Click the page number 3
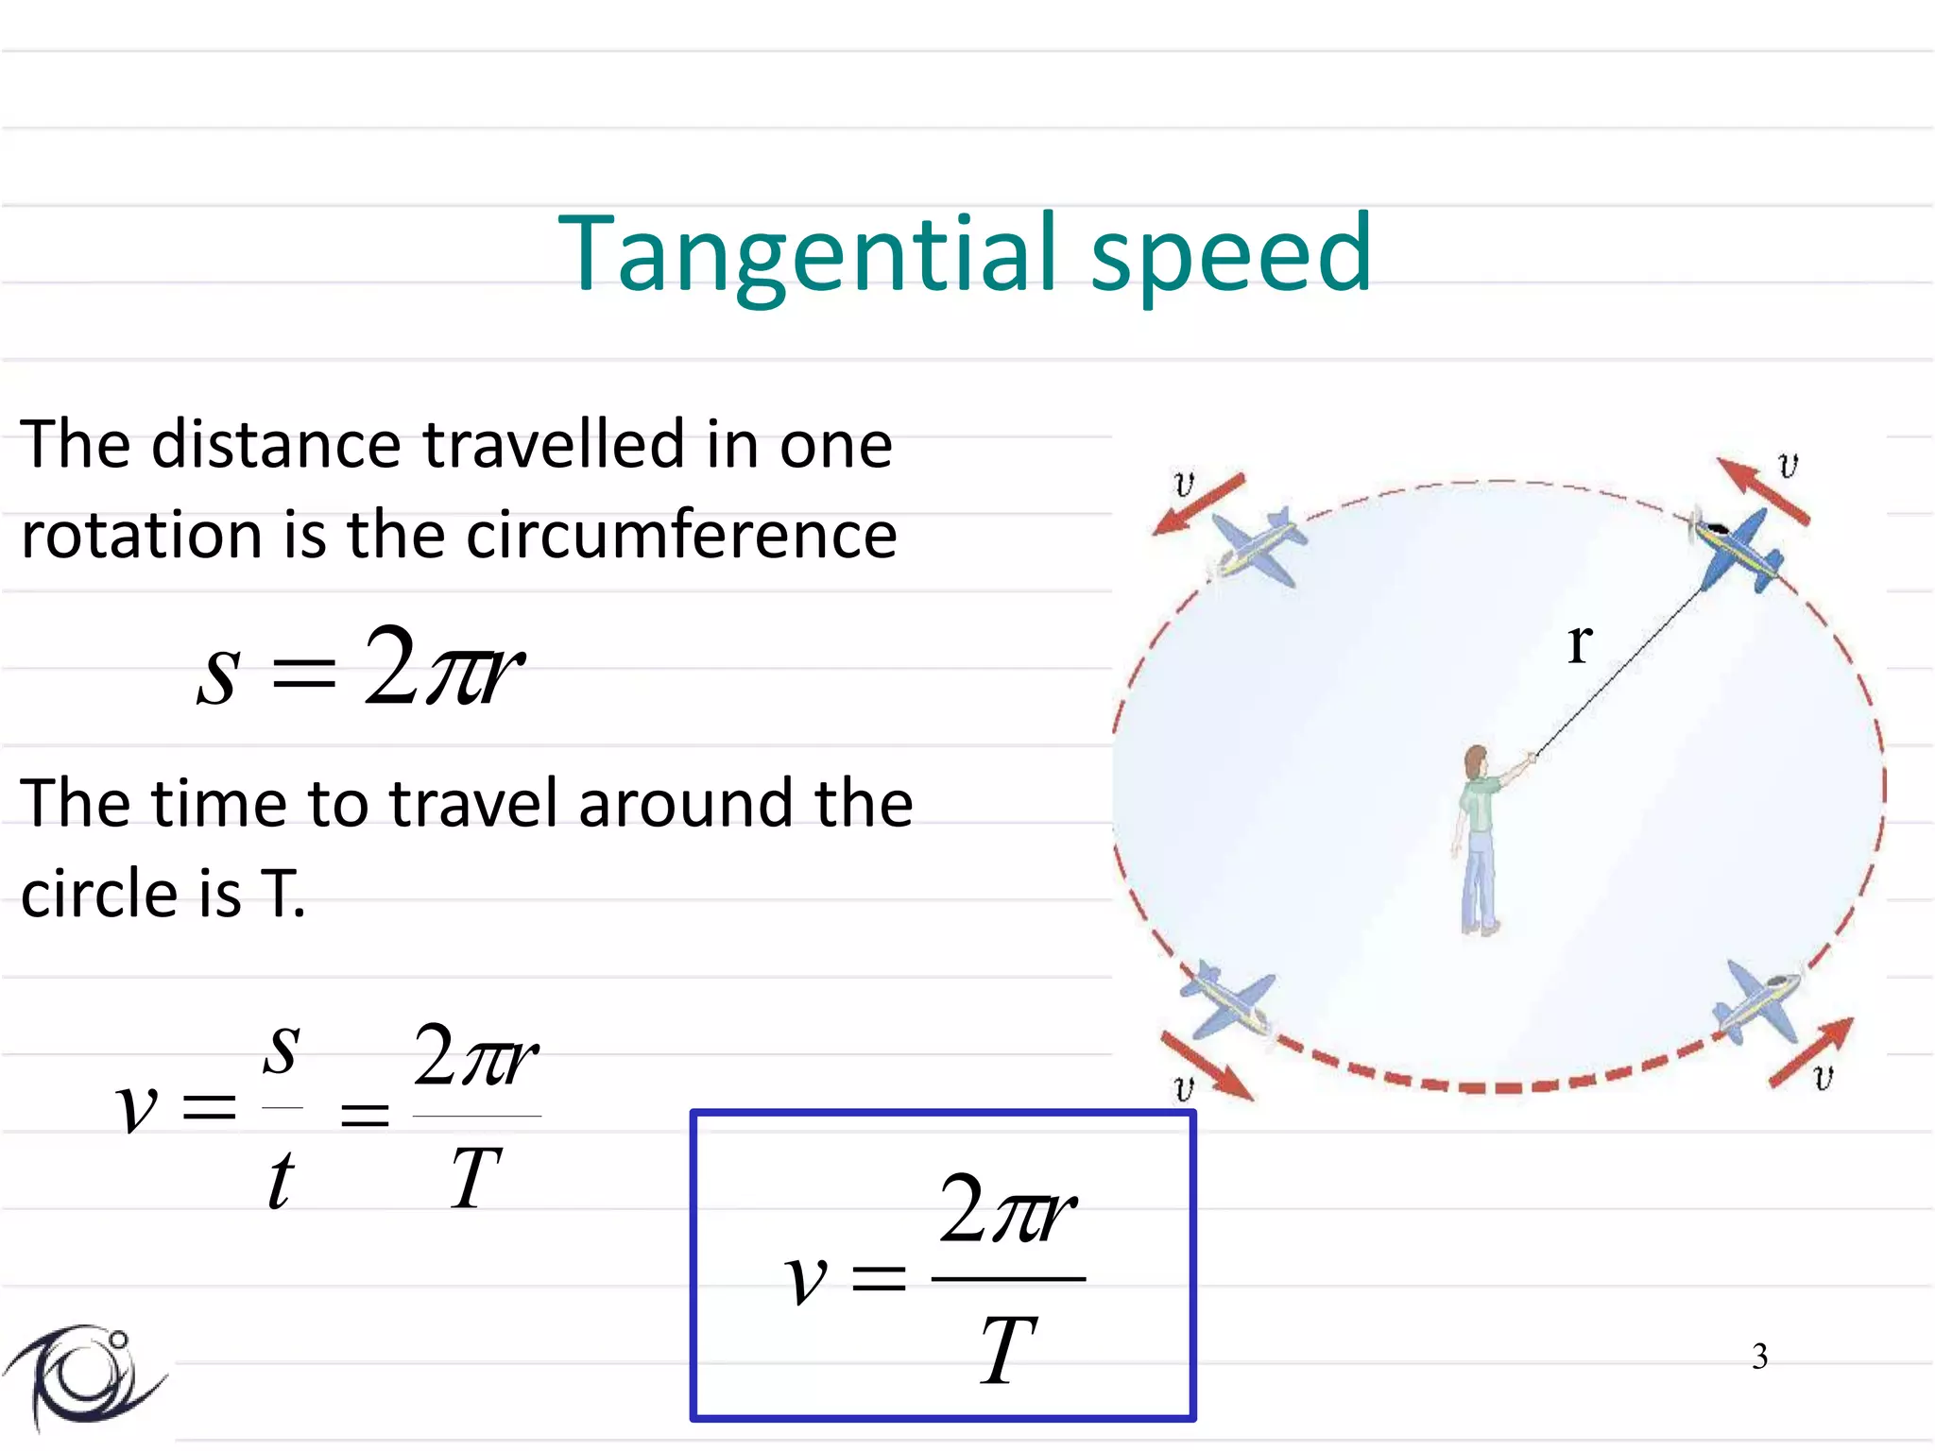click(1759, 1357)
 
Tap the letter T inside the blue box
click(1007, 1351)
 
